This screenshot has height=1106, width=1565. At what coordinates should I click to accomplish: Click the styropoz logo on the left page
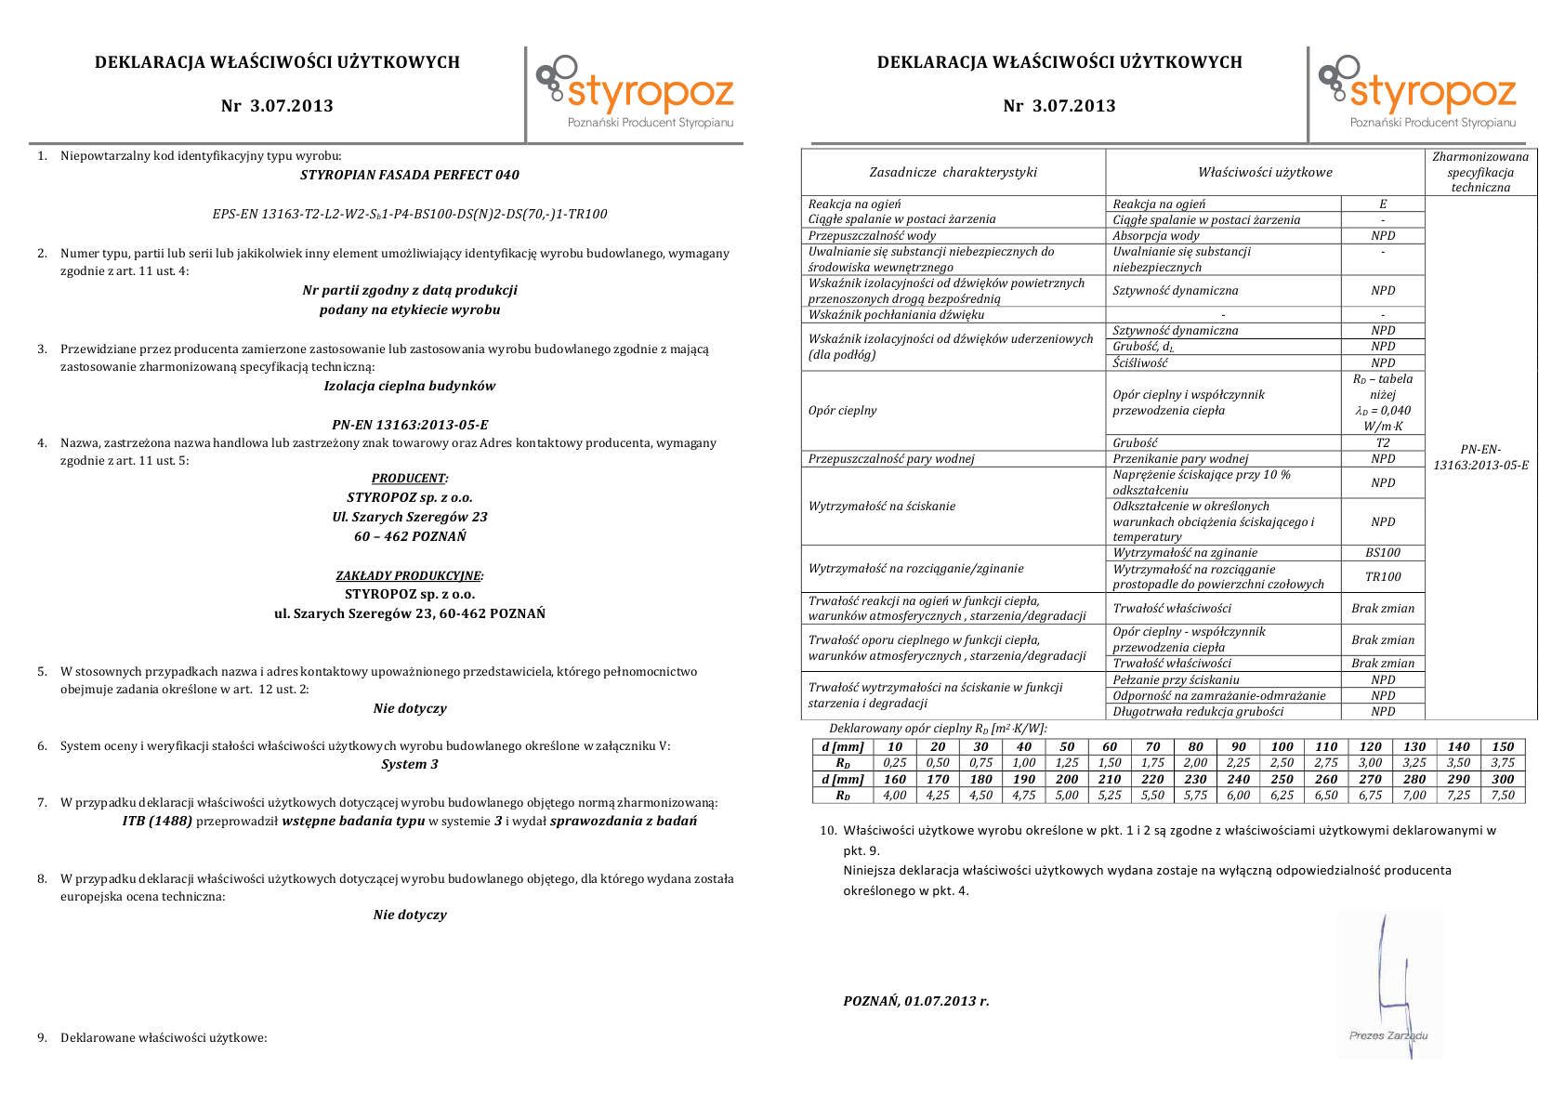click(x=636, y=92)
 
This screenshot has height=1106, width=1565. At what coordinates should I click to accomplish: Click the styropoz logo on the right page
click(x=1418, y=92)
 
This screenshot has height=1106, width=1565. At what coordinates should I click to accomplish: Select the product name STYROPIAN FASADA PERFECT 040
click(x=410, y=175)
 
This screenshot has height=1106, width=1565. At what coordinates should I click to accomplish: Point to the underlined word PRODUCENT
click(x=409, y=479)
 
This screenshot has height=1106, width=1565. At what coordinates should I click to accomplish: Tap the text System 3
click(x=410, y=764)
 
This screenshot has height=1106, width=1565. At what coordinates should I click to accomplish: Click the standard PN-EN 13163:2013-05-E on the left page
click(x=410, y=425)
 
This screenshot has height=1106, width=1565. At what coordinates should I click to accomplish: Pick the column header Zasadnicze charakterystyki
click(x=953, y=172)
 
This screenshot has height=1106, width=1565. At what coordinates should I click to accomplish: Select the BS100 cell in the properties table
click(x=1383, y=553)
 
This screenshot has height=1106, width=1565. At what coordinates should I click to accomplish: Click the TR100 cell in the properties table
click(x=1383, y=576)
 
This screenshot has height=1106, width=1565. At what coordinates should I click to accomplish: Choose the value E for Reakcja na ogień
click(x=1383, y=204)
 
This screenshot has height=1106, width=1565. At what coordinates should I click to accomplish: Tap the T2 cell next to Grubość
click(x=1383, y=443)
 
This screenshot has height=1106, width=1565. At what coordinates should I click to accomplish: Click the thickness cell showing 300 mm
click(x=1503, y=780)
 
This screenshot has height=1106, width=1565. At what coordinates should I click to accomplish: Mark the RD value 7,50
click(x=1503, y=796)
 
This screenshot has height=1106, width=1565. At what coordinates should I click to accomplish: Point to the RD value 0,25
click(x=895, y=762)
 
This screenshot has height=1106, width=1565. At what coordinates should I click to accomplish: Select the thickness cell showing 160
click(x=895, y=780)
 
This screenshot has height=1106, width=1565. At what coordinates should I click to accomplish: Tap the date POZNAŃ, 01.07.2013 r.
click(x=916, y=1001)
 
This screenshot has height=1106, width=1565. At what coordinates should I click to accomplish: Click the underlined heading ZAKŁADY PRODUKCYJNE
click(x=409, y=575)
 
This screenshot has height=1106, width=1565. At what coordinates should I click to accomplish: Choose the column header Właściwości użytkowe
click(x=1265, y=172)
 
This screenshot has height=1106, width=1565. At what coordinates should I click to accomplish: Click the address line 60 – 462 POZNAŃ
click(x=410, y=536)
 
